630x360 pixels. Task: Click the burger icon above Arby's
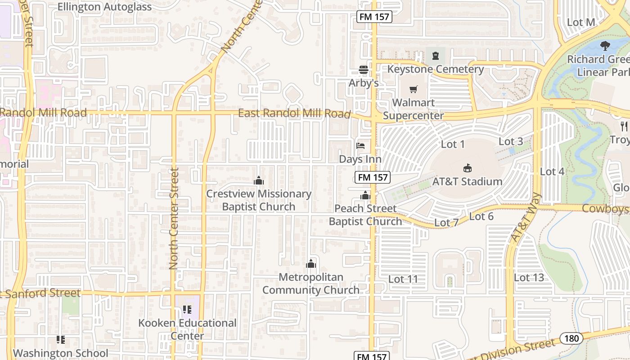(364, 70)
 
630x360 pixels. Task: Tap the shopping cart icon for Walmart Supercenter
(414, 89)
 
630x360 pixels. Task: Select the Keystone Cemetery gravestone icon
(435, 56)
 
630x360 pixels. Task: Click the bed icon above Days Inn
(360, 145)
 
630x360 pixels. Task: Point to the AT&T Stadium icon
(467, 168)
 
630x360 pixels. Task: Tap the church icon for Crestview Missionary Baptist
(259, 180)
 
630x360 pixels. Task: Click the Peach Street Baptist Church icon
(365, 195)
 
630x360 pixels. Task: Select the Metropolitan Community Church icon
(311, 264)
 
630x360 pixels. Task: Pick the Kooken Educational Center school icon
(187, 310)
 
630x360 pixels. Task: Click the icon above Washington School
(61, 340)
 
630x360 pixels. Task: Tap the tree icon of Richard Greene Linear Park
(605, 45)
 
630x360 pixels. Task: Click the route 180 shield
(571, 338)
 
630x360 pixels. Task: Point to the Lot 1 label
(453, 144)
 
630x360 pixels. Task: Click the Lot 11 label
(403, 279)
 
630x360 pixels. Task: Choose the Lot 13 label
(529, 278)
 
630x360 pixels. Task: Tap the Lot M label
(581, 22)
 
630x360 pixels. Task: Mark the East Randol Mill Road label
(294, 113)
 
